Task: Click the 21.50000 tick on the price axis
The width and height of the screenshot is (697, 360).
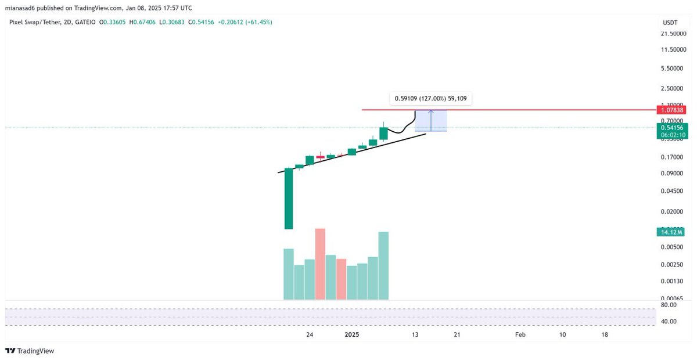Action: click(x=673, y=34)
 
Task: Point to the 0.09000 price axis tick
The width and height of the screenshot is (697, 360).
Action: click(x=671, y=173)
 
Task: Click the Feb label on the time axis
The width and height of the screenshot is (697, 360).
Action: click(x=520, y=335)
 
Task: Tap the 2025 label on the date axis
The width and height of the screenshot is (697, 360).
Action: click(x=353, y=335)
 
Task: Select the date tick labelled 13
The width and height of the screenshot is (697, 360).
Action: click(x=415, y=335)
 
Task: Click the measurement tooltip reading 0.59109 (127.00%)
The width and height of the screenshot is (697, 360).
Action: click(x=430, y=99)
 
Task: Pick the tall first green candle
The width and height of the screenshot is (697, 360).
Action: click(x=288, y=199)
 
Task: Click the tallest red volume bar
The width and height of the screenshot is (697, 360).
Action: click(x=320, y=264)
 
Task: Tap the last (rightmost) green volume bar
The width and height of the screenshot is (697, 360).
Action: click(x=383, y=265)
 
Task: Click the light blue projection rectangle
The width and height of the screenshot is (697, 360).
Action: click(x=430, y=121)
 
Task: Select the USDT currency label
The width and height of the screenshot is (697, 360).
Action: click(x=670, y=22)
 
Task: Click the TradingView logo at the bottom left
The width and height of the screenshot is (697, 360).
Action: click(x=30, y=351)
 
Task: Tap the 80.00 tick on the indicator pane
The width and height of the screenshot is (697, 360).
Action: click(x=669, y=305)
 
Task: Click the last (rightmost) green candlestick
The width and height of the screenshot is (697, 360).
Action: click(x=383, y=133)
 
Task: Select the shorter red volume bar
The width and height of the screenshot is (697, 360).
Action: click(x=341, y=279)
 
